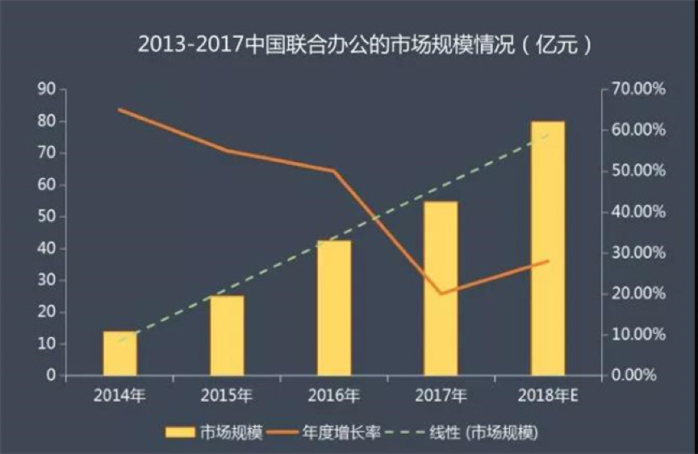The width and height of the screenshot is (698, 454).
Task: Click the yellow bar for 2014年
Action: pos(119,353)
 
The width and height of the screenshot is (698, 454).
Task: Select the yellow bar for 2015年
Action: pos(227,335)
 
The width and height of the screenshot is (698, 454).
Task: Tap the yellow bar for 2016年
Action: pos(334,308)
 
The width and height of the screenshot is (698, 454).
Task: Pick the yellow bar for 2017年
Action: pos(441,289)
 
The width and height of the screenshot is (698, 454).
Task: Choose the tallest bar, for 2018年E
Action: pos(548,248)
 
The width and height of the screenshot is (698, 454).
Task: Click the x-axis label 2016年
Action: pos(333,395)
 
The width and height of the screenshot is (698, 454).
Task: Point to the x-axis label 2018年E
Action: pos(548,395)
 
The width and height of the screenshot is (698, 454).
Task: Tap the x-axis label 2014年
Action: pos(119,395)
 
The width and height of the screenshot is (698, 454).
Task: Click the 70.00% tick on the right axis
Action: pos(638,90)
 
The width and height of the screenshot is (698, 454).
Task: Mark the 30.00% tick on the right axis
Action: pos(638,253)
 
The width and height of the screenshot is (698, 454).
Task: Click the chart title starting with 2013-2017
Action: pos(364,44)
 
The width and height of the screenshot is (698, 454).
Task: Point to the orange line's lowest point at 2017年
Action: pos(441,294)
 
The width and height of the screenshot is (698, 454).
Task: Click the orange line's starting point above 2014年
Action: pos(119,110)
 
